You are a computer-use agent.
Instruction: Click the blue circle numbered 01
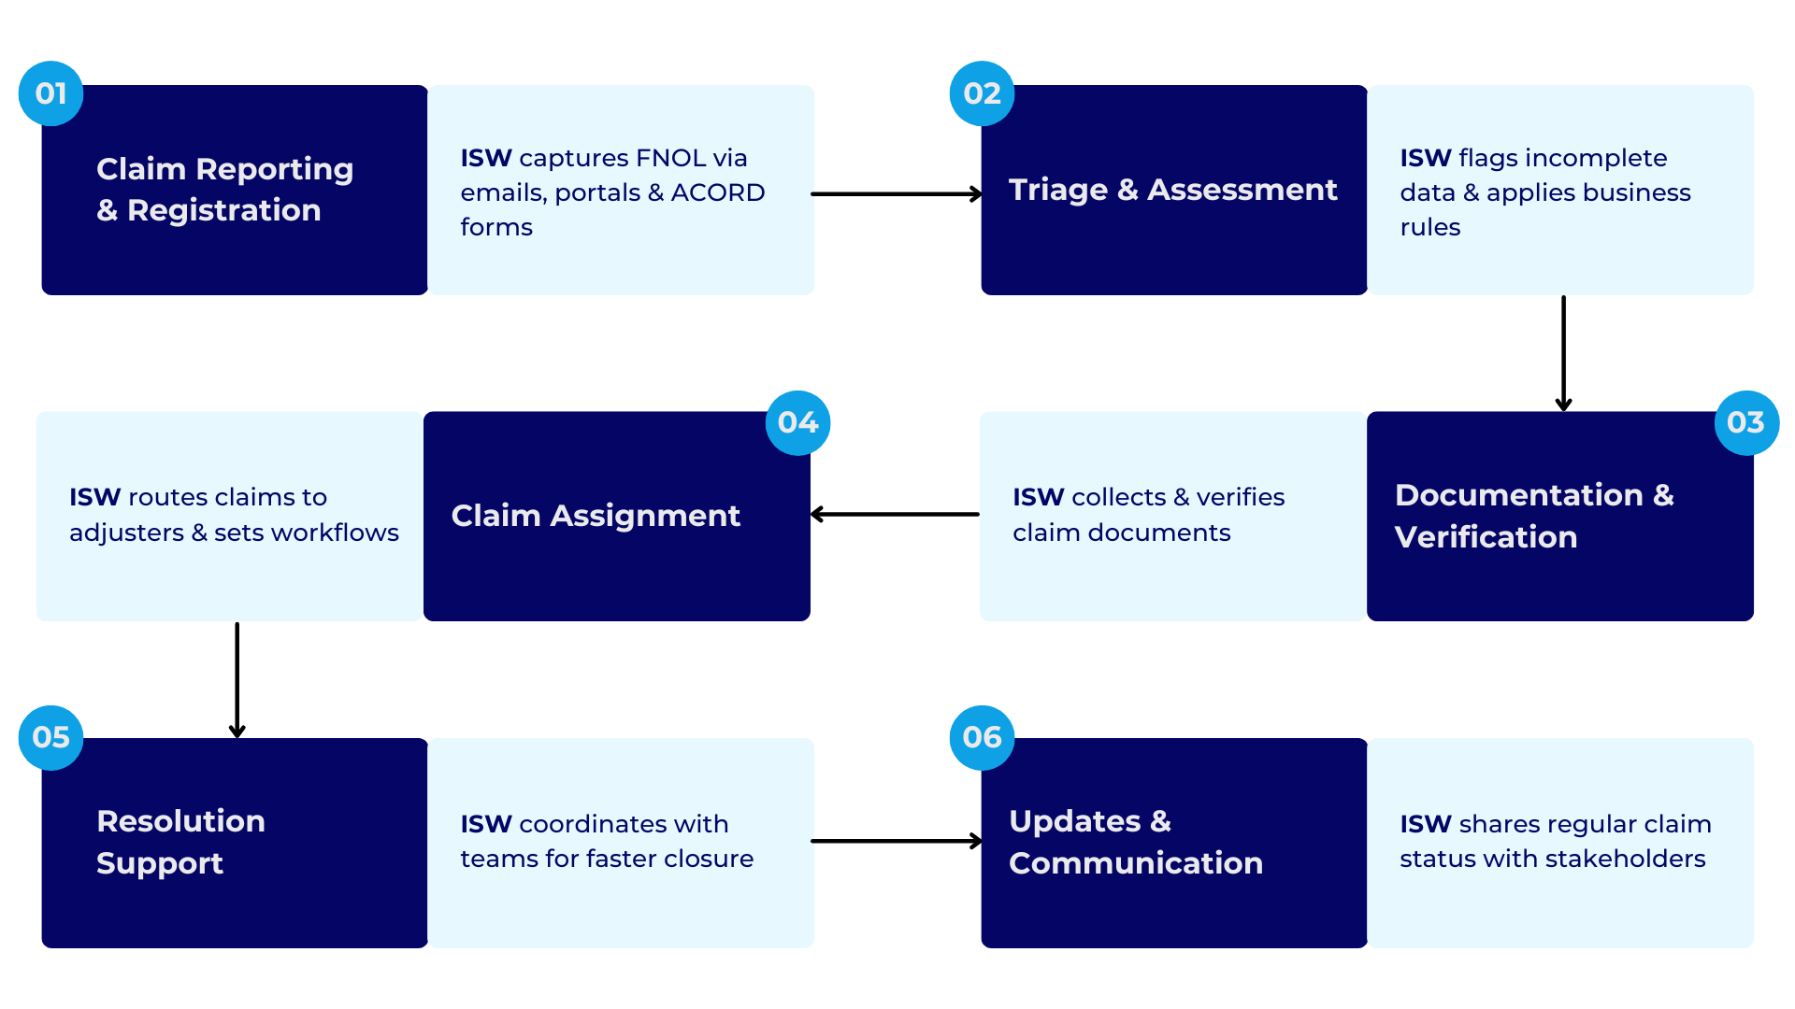click(50, 93)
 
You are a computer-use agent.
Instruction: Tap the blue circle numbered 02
click(982, 93)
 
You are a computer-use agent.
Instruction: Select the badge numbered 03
click(1745, 422)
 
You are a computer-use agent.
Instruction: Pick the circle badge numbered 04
click(797, 422)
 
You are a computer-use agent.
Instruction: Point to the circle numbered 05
click(50, 737)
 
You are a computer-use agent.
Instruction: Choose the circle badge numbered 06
click(982, 737)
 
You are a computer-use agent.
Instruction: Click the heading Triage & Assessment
click(1172, 190)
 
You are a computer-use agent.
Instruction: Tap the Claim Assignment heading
click(596, 516)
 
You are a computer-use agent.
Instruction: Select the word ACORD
click(717, 192)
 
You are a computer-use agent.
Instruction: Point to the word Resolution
click(180, 821)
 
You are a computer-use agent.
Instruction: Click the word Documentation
click(1518, 495)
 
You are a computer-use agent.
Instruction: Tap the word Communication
click(1135, 863)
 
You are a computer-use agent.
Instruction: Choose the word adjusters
click(126, 533)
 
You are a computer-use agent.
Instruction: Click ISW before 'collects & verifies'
click(1038, 497)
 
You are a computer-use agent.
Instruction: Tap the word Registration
click(223, 210)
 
